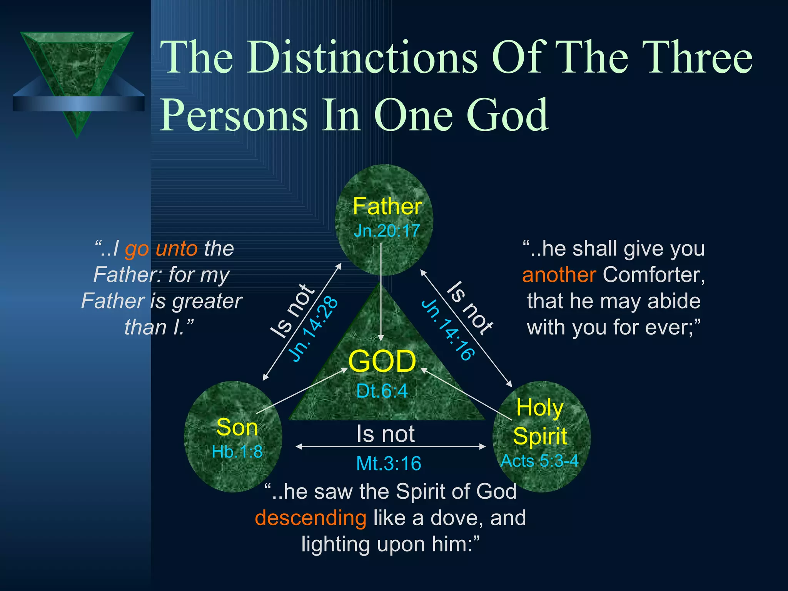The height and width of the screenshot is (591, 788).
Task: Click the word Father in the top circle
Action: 387,206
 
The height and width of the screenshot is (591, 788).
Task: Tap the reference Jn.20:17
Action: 387,231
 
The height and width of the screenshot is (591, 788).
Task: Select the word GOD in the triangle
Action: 382,362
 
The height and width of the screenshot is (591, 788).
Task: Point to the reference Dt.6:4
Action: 382,391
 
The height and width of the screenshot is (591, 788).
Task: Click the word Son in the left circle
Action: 237,427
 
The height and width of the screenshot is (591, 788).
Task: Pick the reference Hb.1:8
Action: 237,452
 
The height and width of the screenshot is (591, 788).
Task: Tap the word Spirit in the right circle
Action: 540,437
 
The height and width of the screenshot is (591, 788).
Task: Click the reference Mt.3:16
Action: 389,464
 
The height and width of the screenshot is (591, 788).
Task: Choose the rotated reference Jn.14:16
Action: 447,330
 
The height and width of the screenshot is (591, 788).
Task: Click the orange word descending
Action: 311,518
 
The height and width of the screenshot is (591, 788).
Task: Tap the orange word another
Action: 559,275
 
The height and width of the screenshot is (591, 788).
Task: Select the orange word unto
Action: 177,249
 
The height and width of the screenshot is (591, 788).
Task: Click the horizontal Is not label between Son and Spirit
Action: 386,434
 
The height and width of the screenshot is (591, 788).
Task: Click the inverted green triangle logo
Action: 77,69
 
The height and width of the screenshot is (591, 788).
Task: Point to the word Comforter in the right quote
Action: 654,275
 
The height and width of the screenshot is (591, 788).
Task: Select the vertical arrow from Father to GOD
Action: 381,292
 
